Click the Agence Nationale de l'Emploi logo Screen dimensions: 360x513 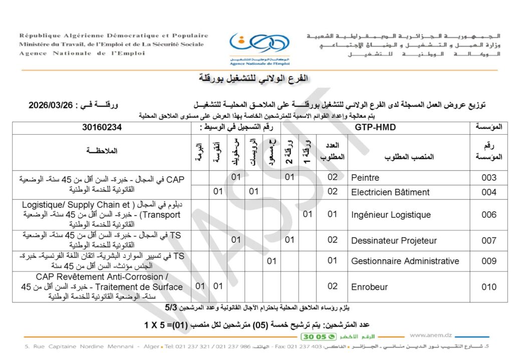click(259, 49)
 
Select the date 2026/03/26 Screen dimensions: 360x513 click(52, 106)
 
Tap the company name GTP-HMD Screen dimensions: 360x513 click(375, 127)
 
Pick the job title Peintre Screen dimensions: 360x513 click(365, 178)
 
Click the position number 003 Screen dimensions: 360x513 click(488, 178)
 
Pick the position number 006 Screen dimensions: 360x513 click(488, 215)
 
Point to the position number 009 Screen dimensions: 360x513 click(488, 261)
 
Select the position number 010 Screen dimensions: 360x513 click(488, 287)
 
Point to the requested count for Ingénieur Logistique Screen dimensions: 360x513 click(333, 215)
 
